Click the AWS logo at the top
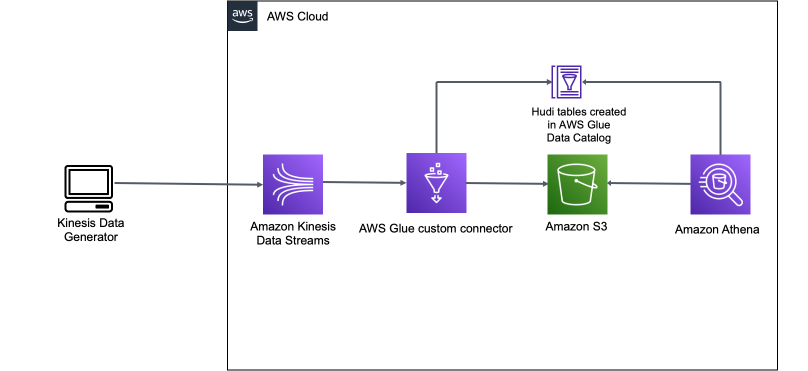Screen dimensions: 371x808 tap(242, 16)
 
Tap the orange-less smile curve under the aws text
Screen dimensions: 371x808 tap(242, 21)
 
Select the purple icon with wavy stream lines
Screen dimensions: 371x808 tap(293, 184)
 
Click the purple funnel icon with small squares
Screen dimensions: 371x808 tap(436, 183)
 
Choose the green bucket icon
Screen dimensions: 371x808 tap(577, 184)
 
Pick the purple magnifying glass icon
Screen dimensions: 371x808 tap(720, 184)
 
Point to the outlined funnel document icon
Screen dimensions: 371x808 tap(566, 82)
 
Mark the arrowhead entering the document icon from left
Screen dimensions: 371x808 tap(549, 82)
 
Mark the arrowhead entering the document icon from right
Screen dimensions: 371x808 tap(584, 82)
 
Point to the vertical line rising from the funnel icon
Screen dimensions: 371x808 tap(436, 117)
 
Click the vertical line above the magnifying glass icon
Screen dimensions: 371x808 tap(720, 117)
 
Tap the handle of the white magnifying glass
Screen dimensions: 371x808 tap(736, 200)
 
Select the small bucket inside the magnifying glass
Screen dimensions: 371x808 tap(719, 181)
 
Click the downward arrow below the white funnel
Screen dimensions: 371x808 tap(436, 198)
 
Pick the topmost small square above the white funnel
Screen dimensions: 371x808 tap(438, 164)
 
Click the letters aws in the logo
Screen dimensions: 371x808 tap(242, 13)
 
